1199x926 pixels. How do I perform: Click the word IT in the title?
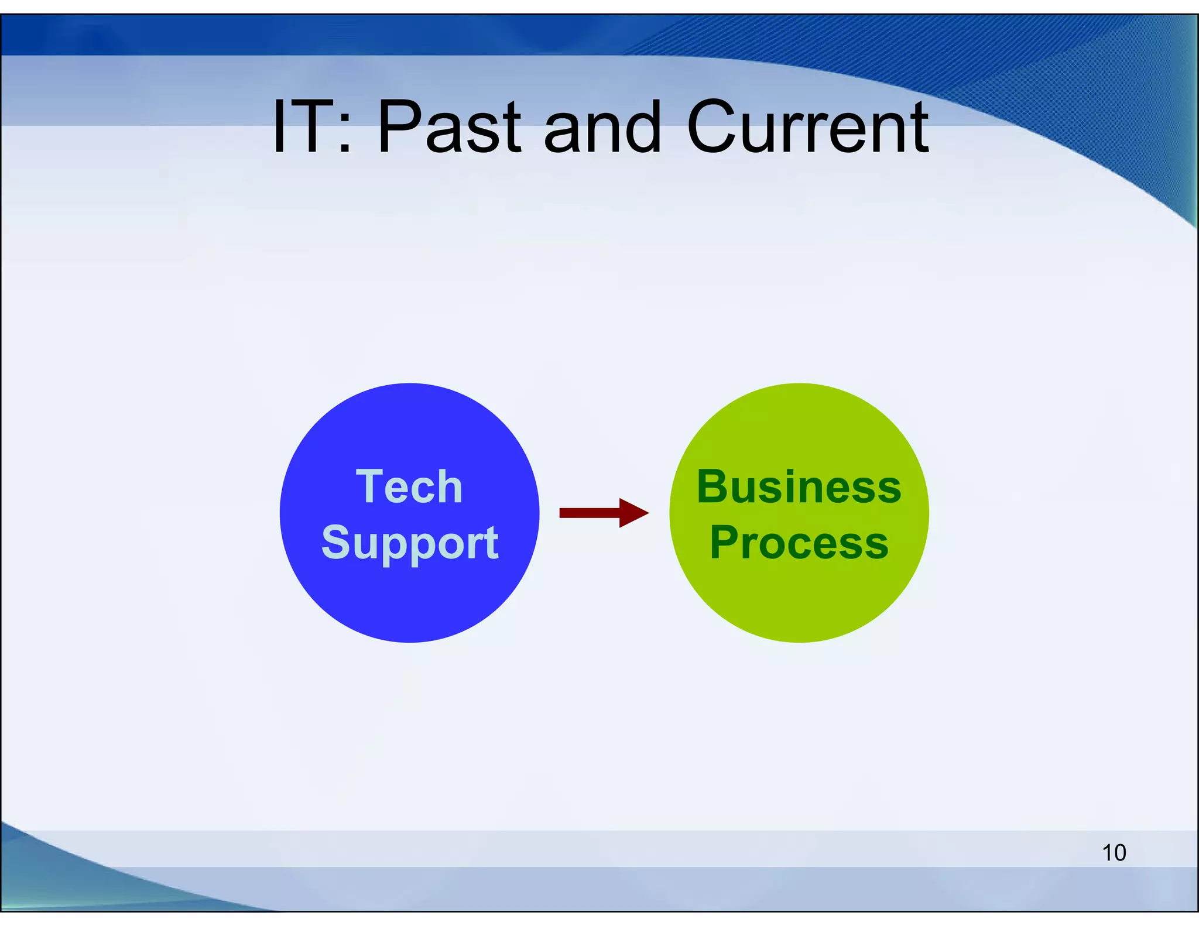[x=302, y=127]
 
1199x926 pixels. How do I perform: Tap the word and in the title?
[x=602, y=127]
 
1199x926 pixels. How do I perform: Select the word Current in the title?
[x=807, y=127]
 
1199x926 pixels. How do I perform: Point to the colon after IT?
[x=345, y=132]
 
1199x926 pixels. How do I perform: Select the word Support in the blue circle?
[x=410, y=543]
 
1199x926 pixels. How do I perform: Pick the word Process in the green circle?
[x=799, y=543]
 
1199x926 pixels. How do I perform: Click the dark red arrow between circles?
[x=603, y=513]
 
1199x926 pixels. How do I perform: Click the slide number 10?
[x=1114, y=853]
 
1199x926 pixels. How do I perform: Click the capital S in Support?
[x=336, y=541]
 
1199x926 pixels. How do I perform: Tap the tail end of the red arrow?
[x=564, y=513]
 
